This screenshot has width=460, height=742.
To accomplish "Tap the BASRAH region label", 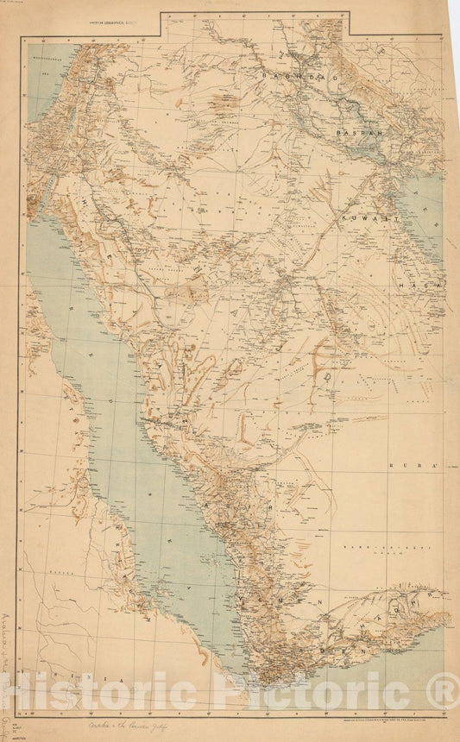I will pos(359,135).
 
